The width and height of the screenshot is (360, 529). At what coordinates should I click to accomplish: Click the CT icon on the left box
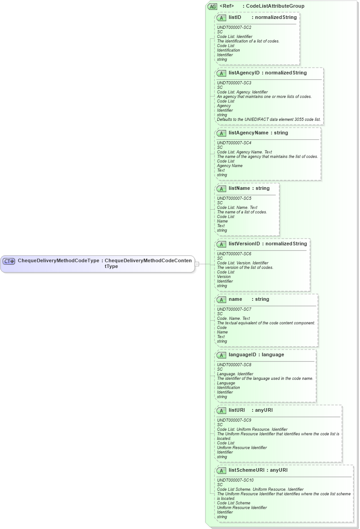click(x=9, y=261)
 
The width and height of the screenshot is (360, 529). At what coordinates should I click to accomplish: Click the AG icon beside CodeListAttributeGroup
click(x=212, y=6)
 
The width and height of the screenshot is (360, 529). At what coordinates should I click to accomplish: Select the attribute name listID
click(x=235, y=18)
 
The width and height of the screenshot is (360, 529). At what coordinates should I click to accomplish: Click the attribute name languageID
click(x=243, y=355)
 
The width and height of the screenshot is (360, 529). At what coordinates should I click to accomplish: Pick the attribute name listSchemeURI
click(x=246, y=470)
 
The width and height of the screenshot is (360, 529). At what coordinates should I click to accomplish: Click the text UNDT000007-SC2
click(x=234, y=28)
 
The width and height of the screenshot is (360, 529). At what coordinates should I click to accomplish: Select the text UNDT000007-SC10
click(x=235, y=480)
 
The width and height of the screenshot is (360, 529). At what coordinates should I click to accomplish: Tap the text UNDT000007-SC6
click(x=234, y=254)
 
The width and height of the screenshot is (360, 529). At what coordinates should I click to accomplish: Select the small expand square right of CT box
click(x=197, y=264)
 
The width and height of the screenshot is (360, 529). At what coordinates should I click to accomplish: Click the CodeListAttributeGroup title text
click(x=275, y=6)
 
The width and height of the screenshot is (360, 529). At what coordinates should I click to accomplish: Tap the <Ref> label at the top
click(x=227, y=6)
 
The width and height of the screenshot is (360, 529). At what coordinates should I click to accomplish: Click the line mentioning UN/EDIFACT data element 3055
click(x=269, y=120)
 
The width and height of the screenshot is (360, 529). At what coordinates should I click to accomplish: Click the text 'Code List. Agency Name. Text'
click(x=245, y=152)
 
